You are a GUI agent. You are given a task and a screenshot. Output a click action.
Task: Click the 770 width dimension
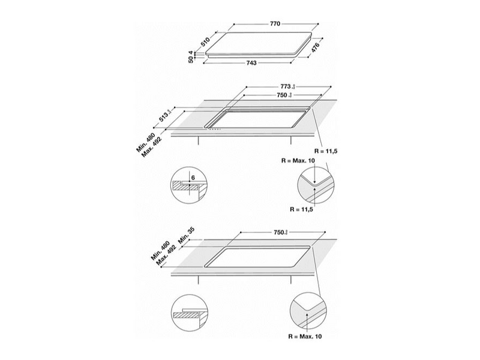point(275,23)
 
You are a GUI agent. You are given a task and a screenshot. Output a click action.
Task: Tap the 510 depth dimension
point(205,42)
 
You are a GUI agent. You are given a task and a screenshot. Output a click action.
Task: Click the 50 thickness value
point(191,59)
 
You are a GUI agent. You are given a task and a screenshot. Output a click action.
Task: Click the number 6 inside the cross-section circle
point(192,178)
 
